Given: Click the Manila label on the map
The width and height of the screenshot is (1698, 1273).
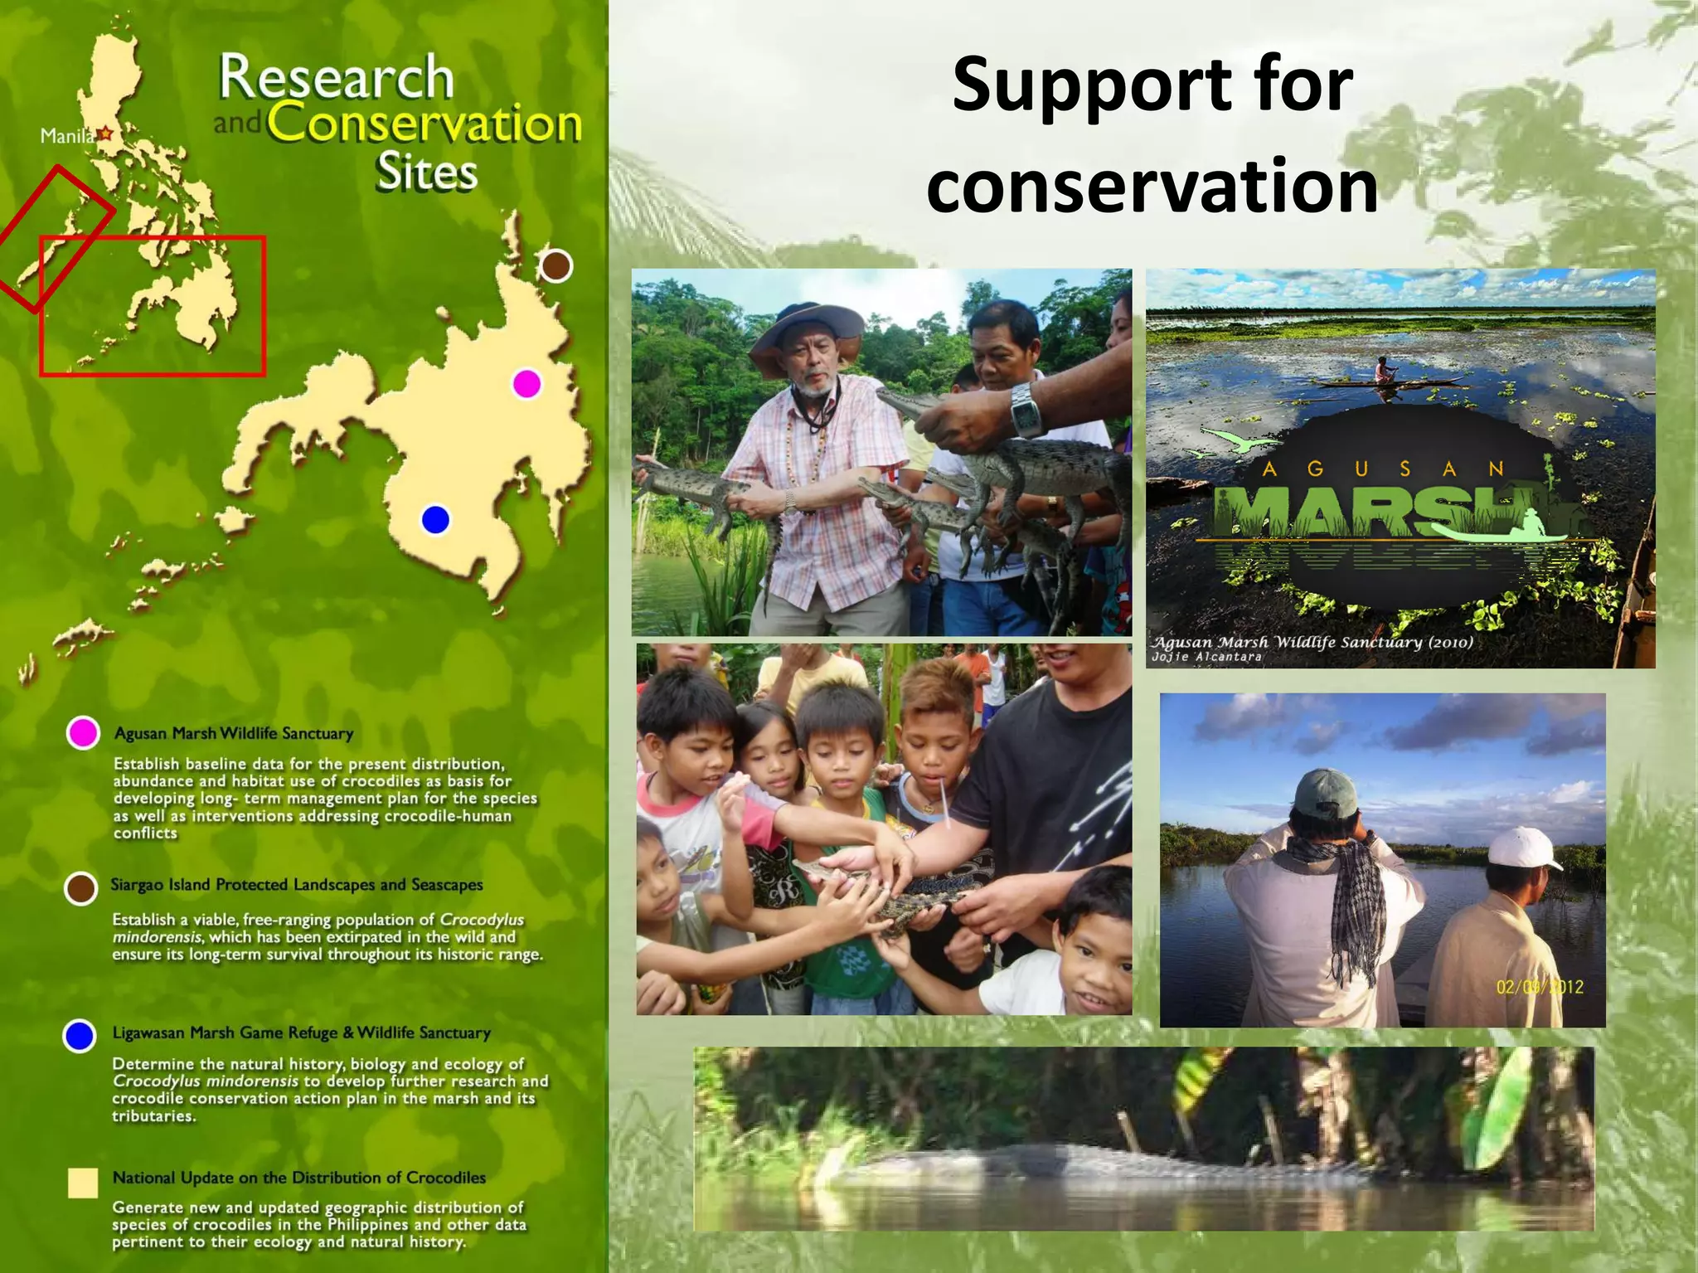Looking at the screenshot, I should [x=67, y=136].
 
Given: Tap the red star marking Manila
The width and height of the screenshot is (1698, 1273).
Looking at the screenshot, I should [x=105, y=134].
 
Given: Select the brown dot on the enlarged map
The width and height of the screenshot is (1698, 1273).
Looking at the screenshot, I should [x=555, y=266].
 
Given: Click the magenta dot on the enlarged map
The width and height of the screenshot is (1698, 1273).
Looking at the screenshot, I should [x=526, y=384].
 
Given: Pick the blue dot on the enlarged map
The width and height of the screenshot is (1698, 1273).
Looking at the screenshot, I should [x=435, y=520].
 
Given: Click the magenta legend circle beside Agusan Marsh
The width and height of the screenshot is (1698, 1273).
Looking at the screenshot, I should [x=83, y=733].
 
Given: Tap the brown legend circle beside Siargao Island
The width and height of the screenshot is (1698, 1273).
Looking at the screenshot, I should [x=80, y=888].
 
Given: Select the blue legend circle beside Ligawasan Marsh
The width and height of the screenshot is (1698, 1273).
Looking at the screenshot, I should [x=80, y=1036].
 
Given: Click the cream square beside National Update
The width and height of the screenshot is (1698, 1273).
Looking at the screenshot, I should [x=83, y=1183].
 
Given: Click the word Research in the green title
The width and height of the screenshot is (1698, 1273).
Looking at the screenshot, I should [x=336, y=78].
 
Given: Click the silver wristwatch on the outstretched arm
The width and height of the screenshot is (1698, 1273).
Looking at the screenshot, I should [x=1026, y=409].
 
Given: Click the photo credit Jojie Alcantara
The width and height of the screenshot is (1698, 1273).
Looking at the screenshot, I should [x=1206, y=657].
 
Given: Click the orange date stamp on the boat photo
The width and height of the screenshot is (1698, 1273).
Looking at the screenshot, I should [x=1540, y=987].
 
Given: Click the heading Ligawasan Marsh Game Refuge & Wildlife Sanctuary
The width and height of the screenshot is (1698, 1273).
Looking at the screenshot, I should [x=301, y=1033].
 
